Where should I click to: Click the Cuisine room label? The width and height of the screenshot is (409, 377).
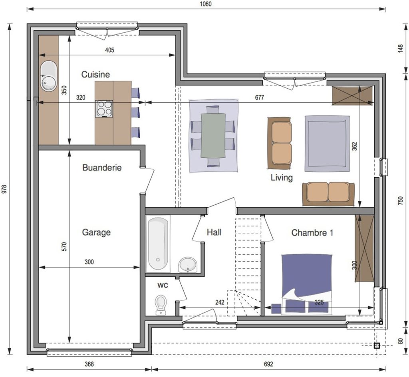tap(95, 74)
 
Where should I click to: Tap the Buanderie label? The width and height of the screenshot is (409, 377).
tap(102, 167)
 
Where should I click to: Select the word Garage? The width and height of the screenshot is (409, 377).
tap(96, 232)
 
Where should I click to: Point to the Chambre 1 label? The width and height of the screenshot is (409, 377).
tap(312, 232)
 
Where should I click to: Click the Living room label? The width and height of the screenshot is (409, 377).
tap(282, 178)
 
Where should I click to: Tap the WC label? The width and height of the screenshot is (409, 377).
tap(163, 286)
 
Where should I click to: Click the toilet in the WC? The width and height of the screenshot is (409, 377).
tap(161, 305)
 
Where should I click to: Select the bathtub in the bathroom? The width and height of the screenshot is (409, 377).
tap(158, 244)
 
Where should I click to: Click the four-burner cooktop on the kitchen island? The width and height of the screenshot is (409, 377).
tap(104, 109)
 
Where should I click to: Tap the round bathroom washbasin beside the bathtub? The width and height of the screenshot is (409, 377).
tap(188, 265)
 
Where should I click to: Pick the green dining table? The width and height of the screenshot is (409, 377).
tap(213, 135)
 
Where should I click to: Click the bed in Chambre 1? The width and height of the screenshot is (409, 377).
tap(307, 284)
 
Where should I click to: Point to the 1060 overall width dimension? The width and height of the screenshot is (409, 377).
tap(206, 4)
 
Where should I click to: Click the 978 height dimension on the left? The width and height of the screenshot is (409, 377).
tap(4, 189)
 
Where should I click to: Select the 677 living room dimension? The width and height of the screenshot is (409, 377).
tap(260, 97)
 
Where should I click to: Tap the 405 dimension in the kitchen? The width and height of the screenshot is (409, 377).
tap(109, 50)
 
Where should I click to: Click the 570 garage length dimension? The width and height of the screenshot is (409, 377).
tap(64, 247)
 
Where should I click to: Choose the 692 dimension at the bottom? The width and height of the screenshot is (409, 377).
tap(268, 364)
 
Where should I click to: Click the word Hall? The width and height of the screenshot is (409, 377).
tap(214, 232)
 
